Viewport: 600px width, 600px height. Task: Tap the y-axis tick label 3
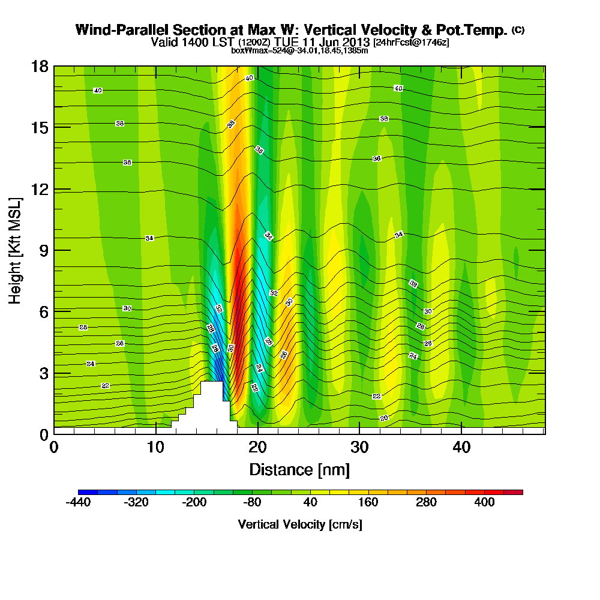point(44,373)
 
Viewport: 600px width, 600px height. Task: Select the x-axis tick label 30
point(359,448)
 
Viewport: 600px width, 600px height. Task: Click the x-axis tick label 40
point(461,448)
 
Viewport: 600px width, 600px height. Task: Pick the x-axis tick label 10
point(155,448)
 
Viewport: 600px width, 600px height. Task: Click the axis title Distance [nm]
point(299,469)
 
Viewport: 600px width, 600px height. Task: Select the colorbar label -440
point(78,502)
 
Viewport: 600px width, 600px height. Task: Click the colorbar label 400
point(484,502)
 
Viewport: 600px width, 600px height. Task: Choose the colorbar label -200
point(194,502)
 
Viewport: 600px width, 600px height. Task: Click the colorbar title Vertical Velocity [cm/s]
point(300,524)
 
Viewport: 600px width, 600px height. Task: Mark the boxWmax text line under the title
point(299,50)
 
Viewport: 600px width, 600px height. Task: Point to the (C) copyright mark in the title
point(518,30)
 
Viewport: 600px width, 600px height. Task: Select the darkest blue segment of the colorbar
point(88,492)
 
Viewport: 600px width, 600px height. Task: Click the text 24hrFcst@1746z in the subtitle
point(411,43)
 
